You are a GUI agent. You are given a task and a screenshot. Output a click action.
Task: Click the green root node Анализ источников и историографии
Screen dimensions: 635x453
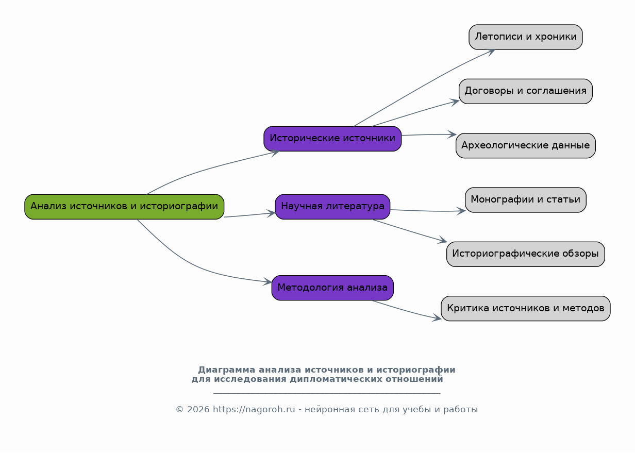(x=124, y=207)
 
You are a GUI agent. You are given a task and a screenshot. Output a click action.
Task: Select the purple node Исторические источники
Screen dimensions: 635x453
(x=332, y=139)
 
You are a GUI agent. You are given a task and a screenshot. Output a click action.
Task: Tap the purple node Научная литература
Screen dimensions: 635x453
(x=332, y=207)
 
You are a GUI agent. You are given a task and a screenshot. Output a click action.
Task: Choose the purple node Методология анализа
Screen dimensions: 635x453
(x=332, y=288)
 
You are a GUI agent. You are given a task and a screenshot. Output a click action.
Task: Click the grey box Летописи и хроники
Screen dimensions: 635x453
(x=526, y=37)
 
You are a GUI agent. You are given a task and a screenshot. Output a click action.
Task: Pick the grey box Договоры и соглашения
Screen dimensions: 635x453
(x=526, y=91)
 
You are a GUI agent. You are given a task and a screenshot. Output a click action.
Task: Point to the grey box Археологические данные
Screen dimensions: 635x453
(x=526, y=146)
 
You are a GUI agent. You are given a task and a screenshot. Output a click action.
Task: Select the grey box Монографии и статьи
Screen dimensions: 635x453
(x=526, y=200)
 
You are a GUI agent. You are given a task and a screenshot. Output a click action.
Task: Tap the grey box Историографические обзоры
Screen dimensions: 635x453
(x=526, y=254)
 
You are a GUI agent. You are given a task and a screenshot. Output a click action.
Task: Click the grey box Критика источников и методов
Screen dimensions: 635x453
(x=526, y=309)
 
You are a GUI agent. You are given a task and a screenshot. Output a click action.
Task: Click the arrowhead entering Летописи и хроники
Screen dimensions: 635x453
(x=492, y=52)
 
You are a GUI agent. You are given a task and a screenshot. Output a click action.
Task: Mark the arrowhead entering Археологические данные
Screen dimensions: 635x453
(x=452, y=135)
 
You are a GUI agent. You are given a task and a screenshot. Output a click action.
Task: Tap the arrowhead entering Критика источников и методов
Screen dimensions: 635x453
(x=437, y=318)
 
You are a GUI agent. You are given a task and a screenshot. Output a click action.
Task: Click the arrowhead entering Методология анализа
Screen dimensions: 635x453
(x=268, y=281)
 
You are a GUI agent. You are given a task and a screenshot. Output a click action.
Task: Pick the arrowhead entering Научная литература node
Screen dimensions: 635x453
(x=271, y=213)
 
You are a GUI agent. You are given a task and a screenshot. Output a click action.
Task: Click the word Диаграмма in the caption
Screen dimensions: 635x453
(x=226, y=370)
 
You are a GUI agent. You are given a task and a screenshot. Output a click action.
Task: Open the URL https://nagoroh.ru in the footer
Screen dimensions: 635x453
(x=254, y=410)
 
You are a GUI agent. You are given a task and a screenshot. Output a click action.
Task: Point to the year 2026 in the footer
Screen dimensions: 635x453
(x=198, y=410)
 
